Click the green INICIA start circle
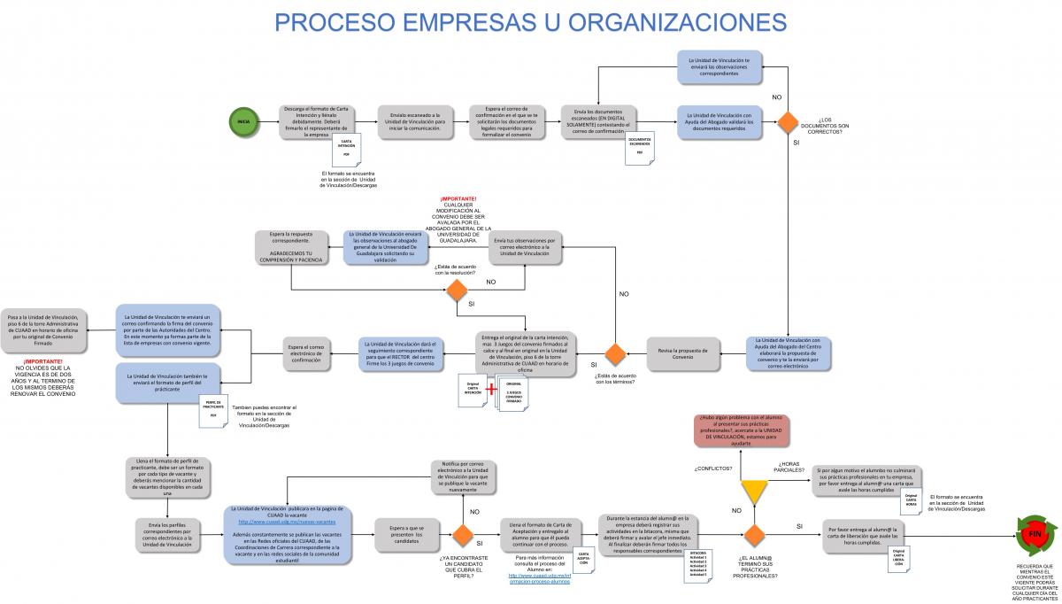[x=243, y=121]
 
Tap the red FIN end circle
[x=1035, y=535]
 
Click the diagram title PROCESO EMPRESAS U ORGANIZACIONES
[x=530, y=20]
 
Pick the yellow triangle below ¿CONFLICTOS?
[x=754, y=492]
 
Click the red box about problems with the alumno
[x=742, y=430]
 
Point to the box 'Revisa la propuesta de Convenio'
[x=682, y=352]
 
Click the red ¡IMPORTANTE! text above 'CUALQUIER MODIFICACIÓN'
[x=458, y=198]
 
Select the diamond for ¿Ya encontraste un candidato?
[x=462, y=535]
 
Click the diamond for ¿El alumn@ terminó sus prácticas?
[x=754, y=535]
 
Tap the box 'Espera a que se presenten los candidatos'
[x=407, y=534]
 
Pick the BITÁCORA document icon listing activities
[x=704, y=567]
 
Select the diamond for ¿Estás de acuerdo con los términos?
[x=615, y=352]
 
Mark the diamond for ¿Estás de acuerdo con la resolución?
[x=456, y=290]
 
